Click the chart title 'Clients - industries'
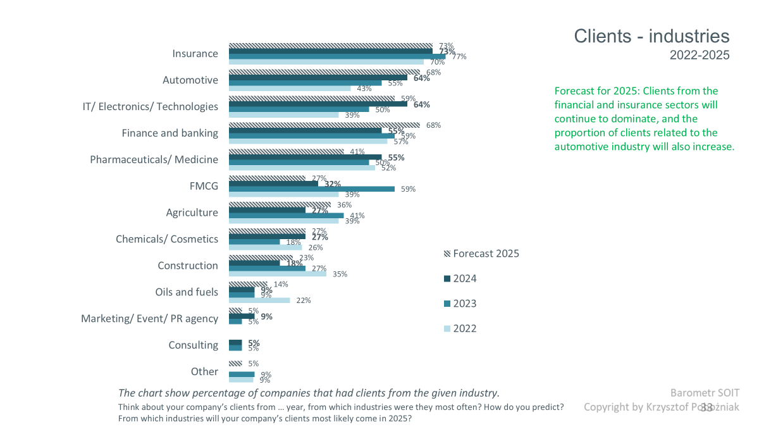pos(651,36)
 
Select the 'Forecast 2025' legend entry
pos(481,254)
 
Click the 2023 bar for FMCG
pos(311,189)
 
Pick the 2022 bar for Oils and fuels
pos(259,300)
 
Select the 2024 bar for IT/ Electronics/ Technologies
pos(318,104)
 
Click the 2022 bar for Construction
pos(277,274)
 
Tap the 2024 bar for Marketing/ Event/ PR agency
pos(241,316)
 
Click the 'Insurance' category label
pos(195,54)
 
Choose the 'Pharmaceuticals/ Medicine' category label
pos(154,159)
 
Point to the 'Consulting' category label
pos(193,345)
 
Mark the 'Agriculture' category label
pos(192,213)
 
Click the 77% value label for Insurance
pos(459,57)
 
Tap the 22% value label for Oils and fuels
pos(304,300)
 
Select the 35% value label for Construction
pos(340,274)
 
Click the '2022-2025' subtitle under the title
pos(700,56)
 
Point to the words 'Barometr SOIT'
pos(705,393)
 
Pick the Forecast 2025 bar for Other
pos(235,363)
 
